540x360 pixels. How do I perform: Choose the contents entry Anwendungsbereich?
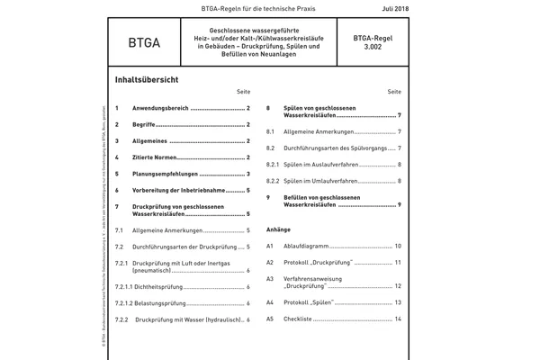coord(160,107)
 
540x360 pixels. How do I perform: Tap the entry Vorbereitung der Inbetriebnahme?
coord(185,191)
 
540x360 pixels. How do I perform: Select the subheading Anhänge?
coord(278,229)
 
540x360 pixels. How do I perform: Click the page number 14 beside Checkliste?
coord(397,319)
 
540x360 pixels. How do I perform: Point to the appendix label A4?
coord(270,302)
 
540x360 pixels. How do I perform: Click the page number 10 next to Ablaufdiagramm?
coord(397,246)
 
